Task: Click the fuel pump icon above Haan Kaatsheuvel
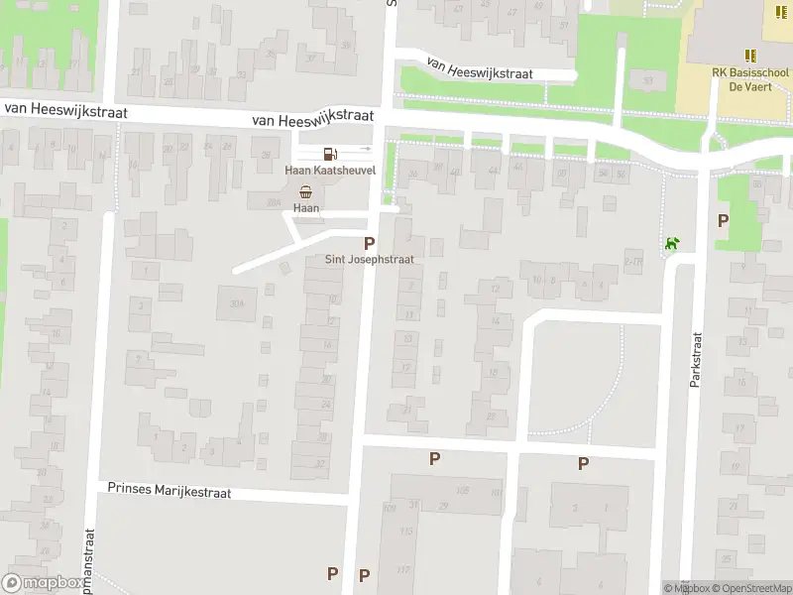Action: (329, 153)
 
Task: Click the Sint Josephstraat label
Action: (370, 259)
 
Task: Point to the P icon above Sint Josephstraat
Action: (370, 243)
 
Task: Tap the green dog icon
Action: (673, 243)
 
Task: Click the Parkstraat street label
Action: (696, 359)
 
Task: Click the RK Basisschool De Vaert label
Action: (750, 79)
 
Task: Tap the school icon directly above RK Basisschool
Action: (750, 56)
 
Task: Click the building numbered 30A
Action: (236, 303)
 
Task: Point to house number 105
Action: (462, 491)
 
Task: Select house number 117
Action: (403, 569)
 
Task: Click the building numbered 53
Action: (648, 79)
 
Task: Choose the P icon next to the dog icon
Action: (723, 221)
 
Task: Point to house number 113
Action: (405, 533)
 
